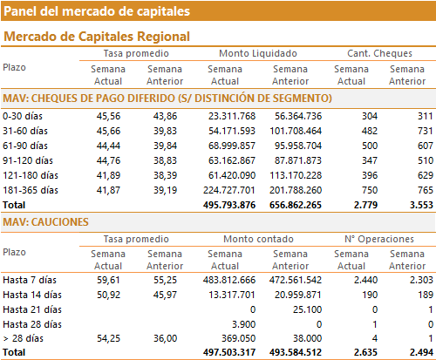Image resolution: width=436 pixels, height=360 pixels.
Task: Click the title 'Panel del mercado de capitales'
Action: pos(97,11)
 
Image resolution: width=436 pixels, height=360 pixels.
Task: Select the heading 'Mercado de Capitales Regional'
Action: pos(97,37)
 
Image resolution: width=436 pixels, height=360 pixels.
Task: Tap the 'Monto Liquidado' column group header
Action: pos(258,53)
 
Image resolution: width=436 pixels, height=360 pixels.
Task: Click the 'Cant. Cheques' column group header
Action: pos(379,53)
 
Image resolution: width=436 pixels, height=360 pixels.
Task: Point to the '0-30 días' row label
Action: pos(23,116)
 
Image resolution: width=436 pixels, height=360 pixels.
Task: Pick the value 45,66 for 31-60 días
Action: pos(108,131)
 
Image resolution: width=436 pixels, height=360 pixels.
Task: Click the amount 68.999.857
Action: pos(232,146)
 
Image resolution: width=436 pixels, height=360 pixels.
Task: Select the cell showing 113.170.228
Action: pos(296,175)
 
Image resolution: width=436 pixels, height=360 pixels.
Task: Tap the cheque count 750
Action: pos(370,190)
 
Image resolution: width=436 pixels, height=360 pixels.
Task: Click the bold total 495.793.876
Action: pos(229,205)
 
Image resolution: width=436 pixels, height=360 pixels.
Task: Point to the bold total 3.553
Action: pos(421,205)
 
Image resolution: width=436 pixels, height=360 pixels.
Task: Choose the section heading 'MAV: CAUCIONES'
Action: pos(45,222)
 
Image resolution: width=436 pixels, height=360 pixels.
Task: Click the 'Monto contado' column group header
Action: pos(258,239)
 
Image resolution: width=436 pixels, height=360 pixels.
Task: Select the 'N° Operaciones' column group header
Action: pos(379,239)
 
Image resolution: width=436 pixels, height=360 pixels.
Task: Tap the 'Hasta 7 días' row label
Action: pos(30,280)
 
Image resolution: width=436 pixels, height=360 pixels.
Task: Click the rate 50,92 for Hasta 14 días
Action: pos(108,295)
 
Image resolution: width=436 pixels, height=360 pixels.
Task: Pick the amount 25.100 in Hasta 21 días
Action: pos(307,309)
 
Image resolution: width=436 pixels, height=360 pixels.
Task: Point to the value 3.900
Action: pos(243,324)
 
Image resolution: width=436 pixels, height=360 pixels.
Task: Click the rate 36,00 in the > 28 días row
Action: pos(165,338)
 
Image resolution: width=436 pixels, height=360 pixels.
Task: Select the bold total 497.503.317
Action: pos(229,352)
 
